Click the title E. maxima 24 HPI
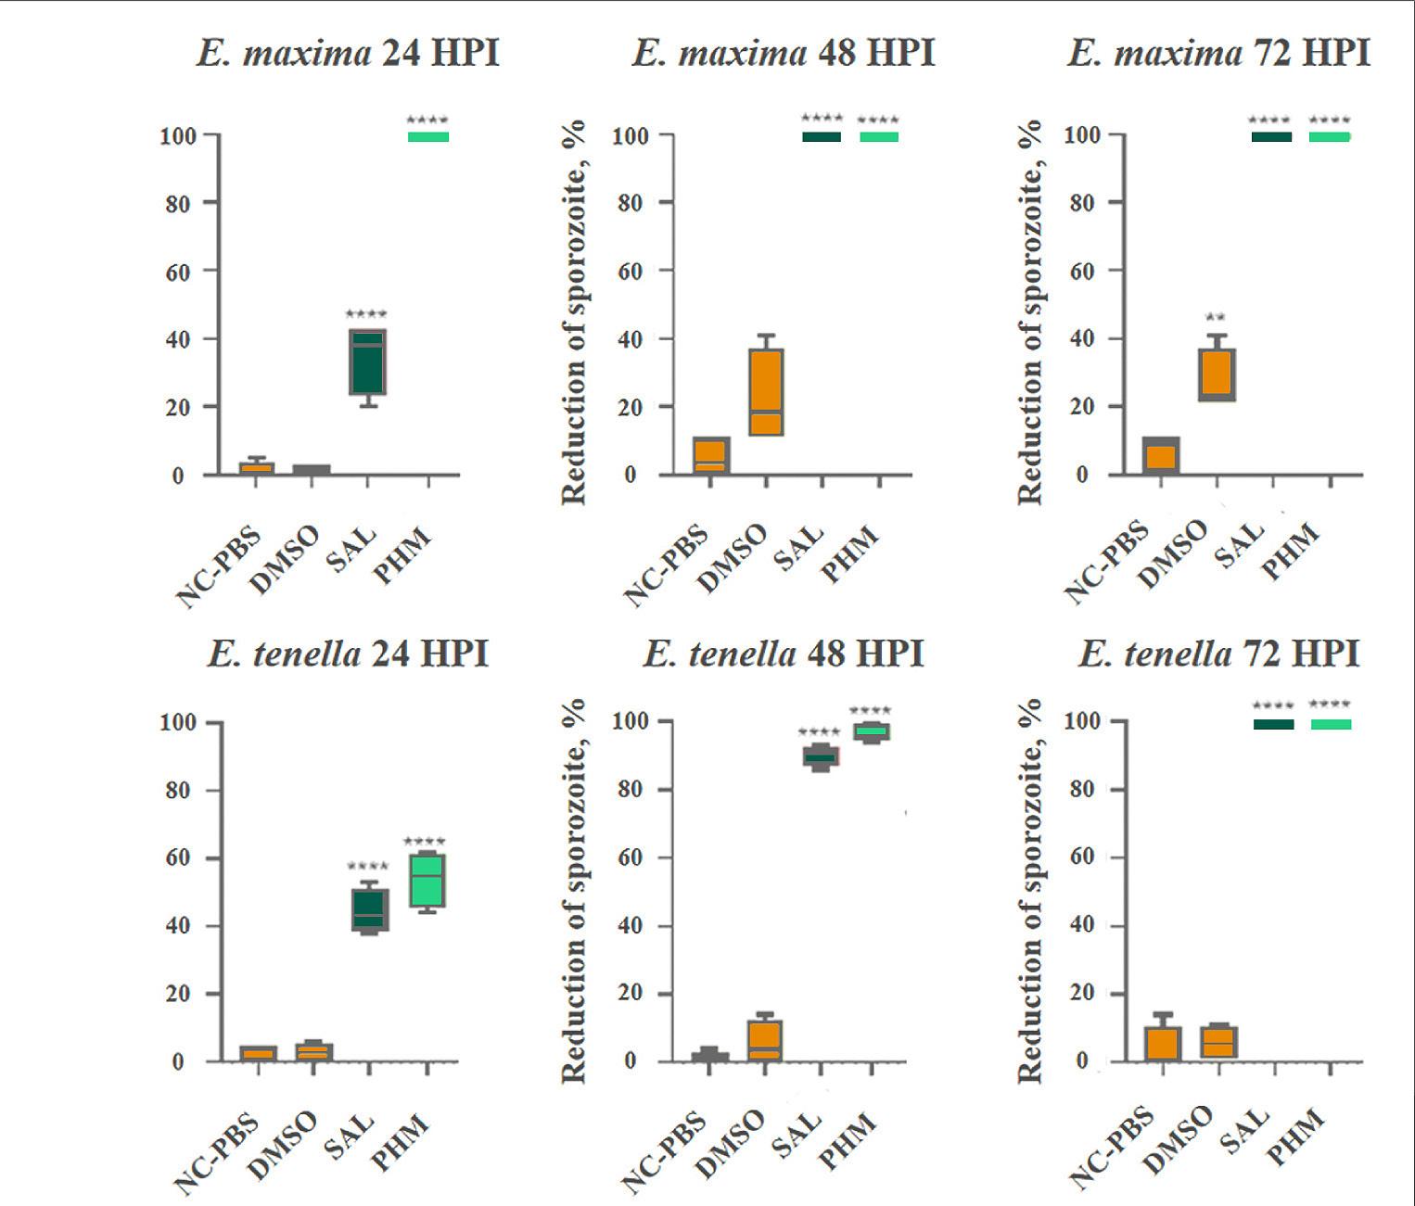coord(348,53)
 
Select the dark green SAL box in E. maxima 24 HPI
coord(367,362)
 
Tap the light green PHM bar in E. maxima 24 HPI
coord(428,137)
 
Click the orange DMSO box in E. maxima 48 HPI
coord(766,391)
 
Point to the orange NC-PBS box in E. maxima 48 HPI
coord(710,455)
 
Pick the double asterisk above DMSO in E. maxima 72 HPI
coord(1215,318)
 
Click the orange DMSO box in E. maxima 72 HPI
coord(1216,374)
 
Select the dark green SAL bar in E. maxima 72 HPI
coord(1271,137)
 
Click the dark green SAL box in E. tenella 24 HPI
coord(370,909)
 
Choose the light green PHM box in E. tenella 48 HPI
coord(873,732)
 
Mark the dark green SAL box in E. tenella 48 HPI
coord(820,756)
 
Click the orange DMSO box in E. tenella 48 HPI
coord(765,1040)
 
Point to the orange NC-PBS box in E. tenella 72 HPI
coord(1162,1043)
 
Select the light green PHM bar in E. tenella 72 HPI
coord(1331,724)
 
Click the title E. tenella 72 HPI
coord(1217,655)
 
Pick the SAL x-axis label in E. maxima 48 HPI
coord(799,548)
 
